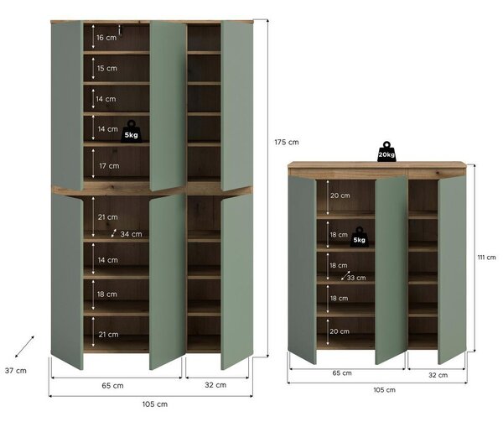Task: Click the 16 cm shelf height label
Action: (106, 38)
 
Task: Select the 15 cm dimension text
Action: (106, 68)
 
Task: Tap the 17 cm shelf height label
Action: (109, 166)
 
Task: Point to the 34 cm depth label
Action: (131, 234)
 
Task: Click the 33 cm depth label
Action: (356, 278)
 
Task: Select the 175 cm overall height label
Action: (287, 142)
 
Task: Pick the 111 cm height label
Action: (486, 257)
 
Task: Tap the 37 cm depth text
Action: (16, 371)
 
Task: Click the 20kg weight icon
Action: (386, 151)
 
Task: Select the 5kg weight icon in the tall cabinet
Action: (131, 131)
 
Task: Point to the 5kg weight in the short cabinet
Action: (359, 237)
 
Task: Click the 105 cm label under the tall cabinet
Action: (155, 404)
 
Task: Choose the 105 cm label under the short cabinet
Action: (384, 390)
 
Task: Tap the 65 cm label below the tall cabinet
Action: (112, 385)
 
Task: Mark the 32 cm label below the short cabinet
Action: (438, 375)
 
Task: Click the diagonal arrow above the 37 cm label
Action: (24, 346)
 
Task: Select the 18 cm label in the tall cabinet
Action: (107, 294)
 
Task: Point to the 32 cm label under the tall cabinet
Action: (215, 385)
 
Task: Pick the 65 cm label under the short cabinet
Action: (342, 373)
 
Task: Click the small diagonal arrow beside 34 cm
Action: (114, 233)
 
